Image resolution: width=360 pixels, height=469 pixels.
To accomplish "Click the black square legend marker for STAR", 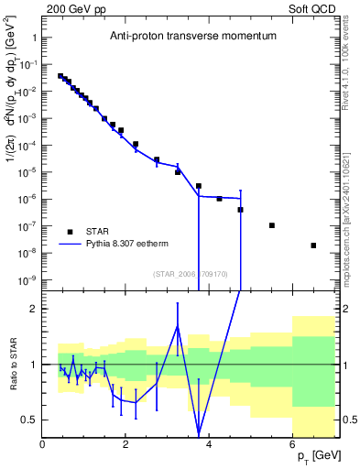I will point(70,232).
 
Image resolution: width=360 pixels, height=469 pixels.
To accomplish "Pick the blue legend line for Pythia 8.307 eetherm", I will point(70,245).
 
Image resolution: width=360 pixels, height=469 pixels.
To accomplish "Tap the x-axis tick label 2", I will point(125,445).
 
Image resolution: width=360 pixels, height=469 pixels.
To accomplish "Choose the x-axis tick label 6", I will point(292,445).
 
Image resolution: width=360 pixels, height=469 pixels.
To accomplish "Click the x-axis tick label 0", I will point(42,445).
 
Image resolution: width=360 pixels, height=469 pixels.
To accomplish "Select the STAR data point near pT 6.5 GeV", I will point(313,245).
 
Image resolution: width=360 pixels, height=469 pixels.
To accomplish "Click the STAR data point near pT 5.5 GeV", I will point(272,225).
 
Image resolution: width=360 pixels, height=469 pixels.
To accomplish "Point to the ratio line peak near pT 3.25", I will point(178,326).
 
